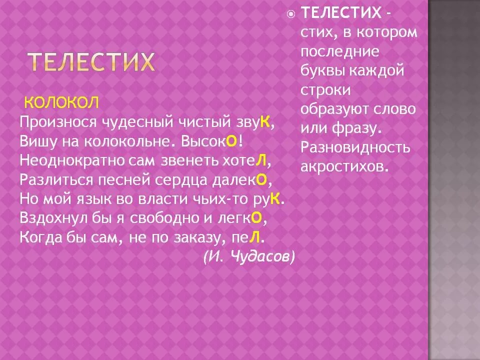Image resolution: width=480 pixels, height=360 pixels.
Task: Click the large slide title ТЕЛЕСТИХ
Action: coord(90,63)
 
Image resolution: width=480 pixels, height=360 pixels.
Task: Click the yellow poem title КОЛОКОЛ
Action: coord(61,103)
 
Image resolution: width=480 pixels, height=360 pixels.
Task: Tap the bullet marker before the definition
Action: coord(291,14)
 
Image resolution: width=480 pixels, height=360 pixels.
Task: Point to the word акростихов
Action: coord(344,166)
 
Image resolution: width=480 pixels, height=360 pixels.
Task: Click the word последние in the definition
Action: coord(339,52)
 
